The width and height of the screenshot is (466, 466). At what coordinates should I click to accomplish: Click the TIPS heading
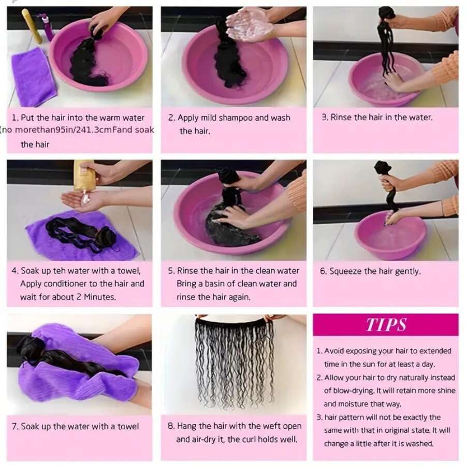coord(386,324)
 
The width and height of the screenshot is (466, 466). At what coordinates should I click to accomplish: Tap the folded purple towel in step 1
coord(33,77)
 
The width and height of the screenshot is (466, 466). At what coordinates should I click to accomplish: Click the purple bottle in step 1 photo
coord(48,28)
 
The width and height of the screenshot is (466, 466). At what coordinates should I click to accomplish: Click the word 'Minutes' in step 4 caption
coord(100,297)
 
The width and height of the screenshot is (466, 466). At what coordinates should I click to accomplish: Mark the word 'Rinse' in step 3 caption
coord(341,118)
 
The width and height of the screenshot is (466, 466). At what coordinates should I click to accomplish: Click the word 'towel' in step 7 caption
coord(128,427)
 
